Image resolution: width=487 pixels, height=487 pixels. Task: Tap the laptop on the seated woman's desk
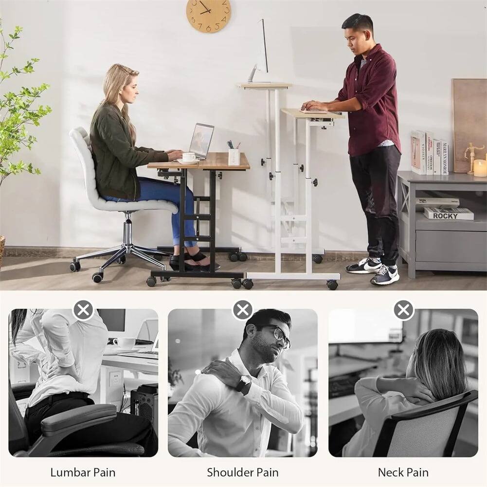(201, 141)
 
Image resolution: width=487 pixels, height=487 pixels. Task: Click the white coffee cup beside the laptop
(189, 157)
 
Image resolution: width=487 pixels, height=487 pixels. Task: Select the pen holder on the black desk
(234, 156)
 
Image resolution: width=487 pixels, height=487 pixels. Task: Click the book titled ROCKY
(449, 213)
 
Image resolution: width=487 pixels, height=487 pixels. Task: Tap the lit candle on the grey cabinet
(480, 168)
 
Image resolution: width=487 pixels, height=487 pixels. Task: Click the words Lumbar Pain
(83, 472)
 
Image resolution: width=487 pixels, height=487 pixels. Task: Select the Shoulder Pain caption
(243, 472)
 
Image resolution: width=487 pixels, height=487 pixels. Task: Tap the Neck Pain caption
(403, 472)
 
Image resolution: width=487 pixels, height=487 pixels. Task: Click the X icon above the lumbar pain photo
(83, 309)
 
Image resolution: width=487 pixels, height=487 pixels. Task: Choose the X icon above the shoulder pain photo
(243, 309)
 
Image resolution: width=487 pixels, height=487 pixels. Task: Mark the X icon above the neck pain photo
(403, 309)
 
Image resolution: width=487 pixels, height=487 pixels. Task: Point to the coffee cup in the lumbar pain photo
(124, 343)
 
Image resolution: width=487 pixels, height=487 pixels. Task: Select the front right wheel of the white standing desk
(332, 285)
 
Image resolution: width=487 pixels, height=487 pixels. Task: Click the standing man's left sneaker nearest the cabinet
(385, 275)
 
